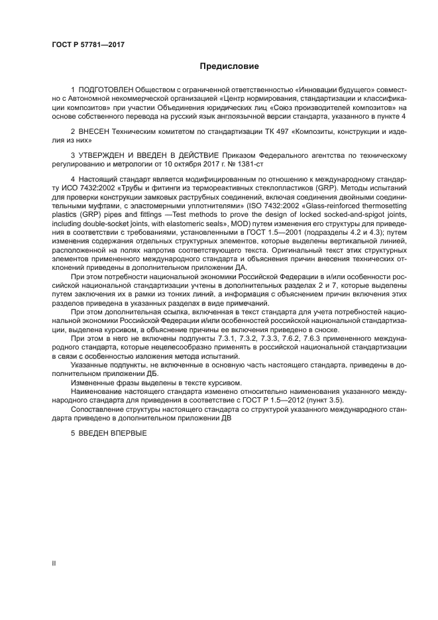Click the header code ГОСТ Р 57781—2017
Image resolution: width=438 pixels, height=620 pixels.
pyautogui.click(x=88, y=45)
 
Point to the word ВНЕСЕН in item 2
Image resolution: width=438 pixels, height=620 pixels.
pyautogui.click(x=93, y=133)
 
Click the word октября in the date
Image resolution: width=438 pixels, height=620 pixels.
pyautogui.click(x=188, y=163)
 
